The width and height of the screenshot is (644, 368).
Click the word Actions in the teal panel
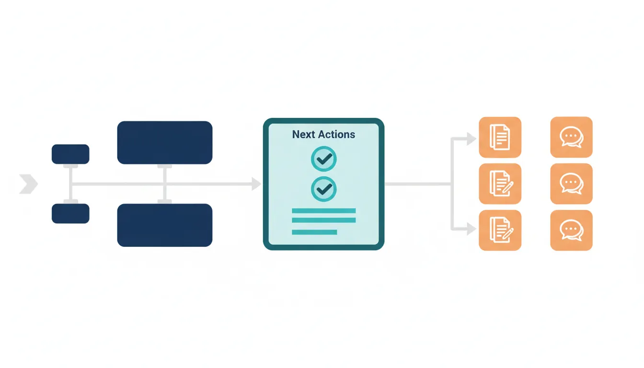pyautogui.click(x=337, y=135)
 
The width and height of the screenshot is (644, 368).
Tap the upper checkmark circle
pyautogui.click(x=324, y=159)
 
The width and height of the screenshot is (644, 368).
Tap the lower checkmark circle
pyautogui.click(x=324, y=189)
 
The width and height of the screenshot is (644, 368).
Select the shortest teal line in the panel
pyautogui.click(x=314, y=232)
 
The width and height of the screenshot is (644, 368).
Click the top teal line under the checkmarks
pyautogui.click(x=324, y=211)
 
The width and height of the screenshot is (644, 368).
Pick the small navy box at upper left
pyautogui.click(x=70, y=154)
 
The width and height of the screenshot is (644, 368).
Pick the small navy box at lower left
pyautogui.click(x=70, y=214)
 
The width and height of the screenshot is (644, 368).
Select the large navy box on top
pyautogui.click(x=165, y=143)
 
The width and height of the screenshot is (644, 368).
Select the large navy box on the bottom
pyautogui.click(x=165, y=225)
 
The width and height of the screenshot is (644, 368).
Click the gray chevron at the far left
pyautogui.click(x=29, y=184)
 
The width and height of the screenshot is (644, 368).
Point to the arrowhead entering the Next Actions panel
pyautogui.click(x=256, y=184)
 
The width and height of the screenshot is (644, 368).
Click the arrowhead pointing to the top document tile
pyautogui.click(x=471, y=139)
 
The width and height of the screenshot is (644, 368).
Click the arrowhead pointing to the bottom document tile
pyautogui.click(x=471, y=229)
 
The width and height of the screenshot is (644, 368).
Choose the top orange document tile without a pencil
pyautogui.click(x=500, y=137)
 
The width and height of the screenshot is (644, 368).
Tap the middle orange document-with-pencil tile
pyautogui.click(x=500, y=184)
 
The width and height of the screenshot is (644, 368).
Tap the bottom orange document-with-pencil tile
pyautogui.click(x=500, y=230)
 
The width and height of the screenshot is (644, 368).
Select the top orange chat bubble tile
pyautogui.click(x=572, y=137)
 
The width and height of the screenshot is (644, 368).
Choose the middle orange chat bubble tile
pyautogui.click(x=572, y=184)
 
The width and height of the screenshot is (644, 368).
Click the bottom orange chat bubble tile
pyautogui.click(x=572, y=230)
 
